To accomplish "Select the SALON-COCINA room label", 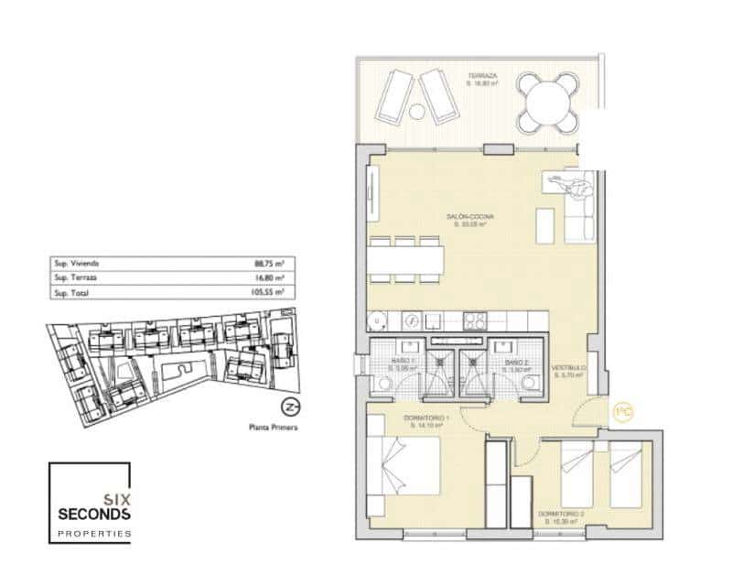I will point(465,217).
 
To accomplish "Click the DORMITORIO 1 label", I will point(426,418).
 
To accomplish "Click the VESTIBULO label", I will point(568,370).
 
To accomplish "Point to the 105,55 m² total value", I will point(268,292).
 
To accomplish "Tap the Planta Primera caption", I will point(273,427).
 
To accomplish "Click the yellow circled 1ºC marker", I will point(624,412).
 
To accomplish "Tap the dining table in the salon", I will point(406,261).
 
